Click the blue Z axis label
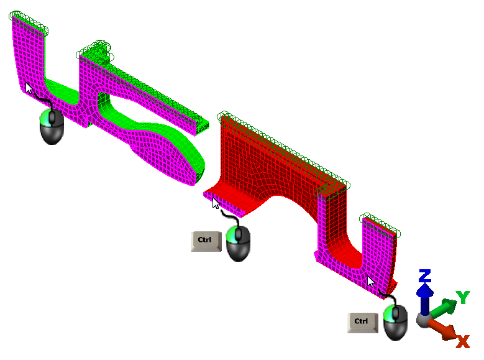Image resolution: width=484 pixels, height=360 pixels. (425, 275)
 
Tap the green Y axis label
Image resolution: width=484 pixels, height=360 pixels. (463, 297)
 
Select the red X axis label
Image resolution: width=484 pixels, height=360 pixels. (463, 342)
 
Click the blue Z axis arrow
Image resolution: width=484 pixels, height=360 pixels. (425, 299)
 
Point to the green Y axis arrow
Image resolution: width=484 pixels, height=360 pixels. (444, 308)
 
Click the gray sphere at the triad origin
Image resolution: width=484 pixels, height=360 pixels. (423, 320)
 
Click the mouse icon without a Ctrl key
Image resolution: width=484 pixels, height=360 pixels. (52, 126)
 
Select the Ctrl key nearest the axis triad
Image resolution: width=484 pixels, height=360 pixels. (363, 323)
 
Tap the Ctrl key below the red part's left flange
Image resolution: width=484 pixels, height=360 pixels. (206, 241)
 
